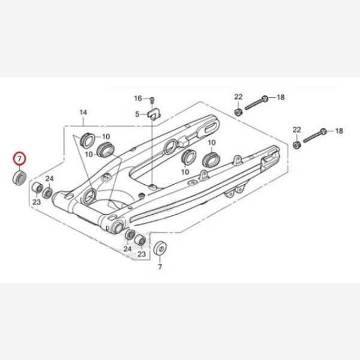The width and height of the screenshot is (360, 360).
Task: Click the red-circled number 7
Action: pyautogui.click(x=20, y=159)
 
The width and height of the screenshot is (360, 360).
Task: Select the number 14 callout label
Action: pyautogui.click(x=83, y=113)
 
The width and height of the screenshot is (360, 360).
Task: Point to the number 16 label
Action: pyautogui.click(x=137, y=98)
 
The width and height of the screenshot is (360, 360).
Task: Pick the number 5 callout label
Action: pyautogui.click(x=137, y=114)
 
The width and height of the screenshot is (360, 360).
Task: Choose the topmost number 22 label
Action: pyautogui.click(x=238, y=97)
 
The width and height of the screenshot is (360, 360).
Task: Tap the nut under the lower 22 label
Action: pyautogui.click(x=296, y=145)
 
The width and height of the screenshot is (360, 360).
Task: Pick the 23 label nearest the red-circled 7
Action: pyautogui.click(x=36, y=202)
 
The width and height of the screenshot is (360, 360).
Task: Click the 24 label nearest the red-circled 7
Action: pyautogui.click(x=50, y=179)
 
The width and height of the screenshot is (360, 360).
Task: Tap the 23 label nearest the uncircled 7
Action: pyautogui.click(x=142, y=254)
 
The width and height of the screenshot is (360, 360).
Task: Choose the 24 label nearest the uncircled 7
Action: pyautogui.click(x=127, y=248)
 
